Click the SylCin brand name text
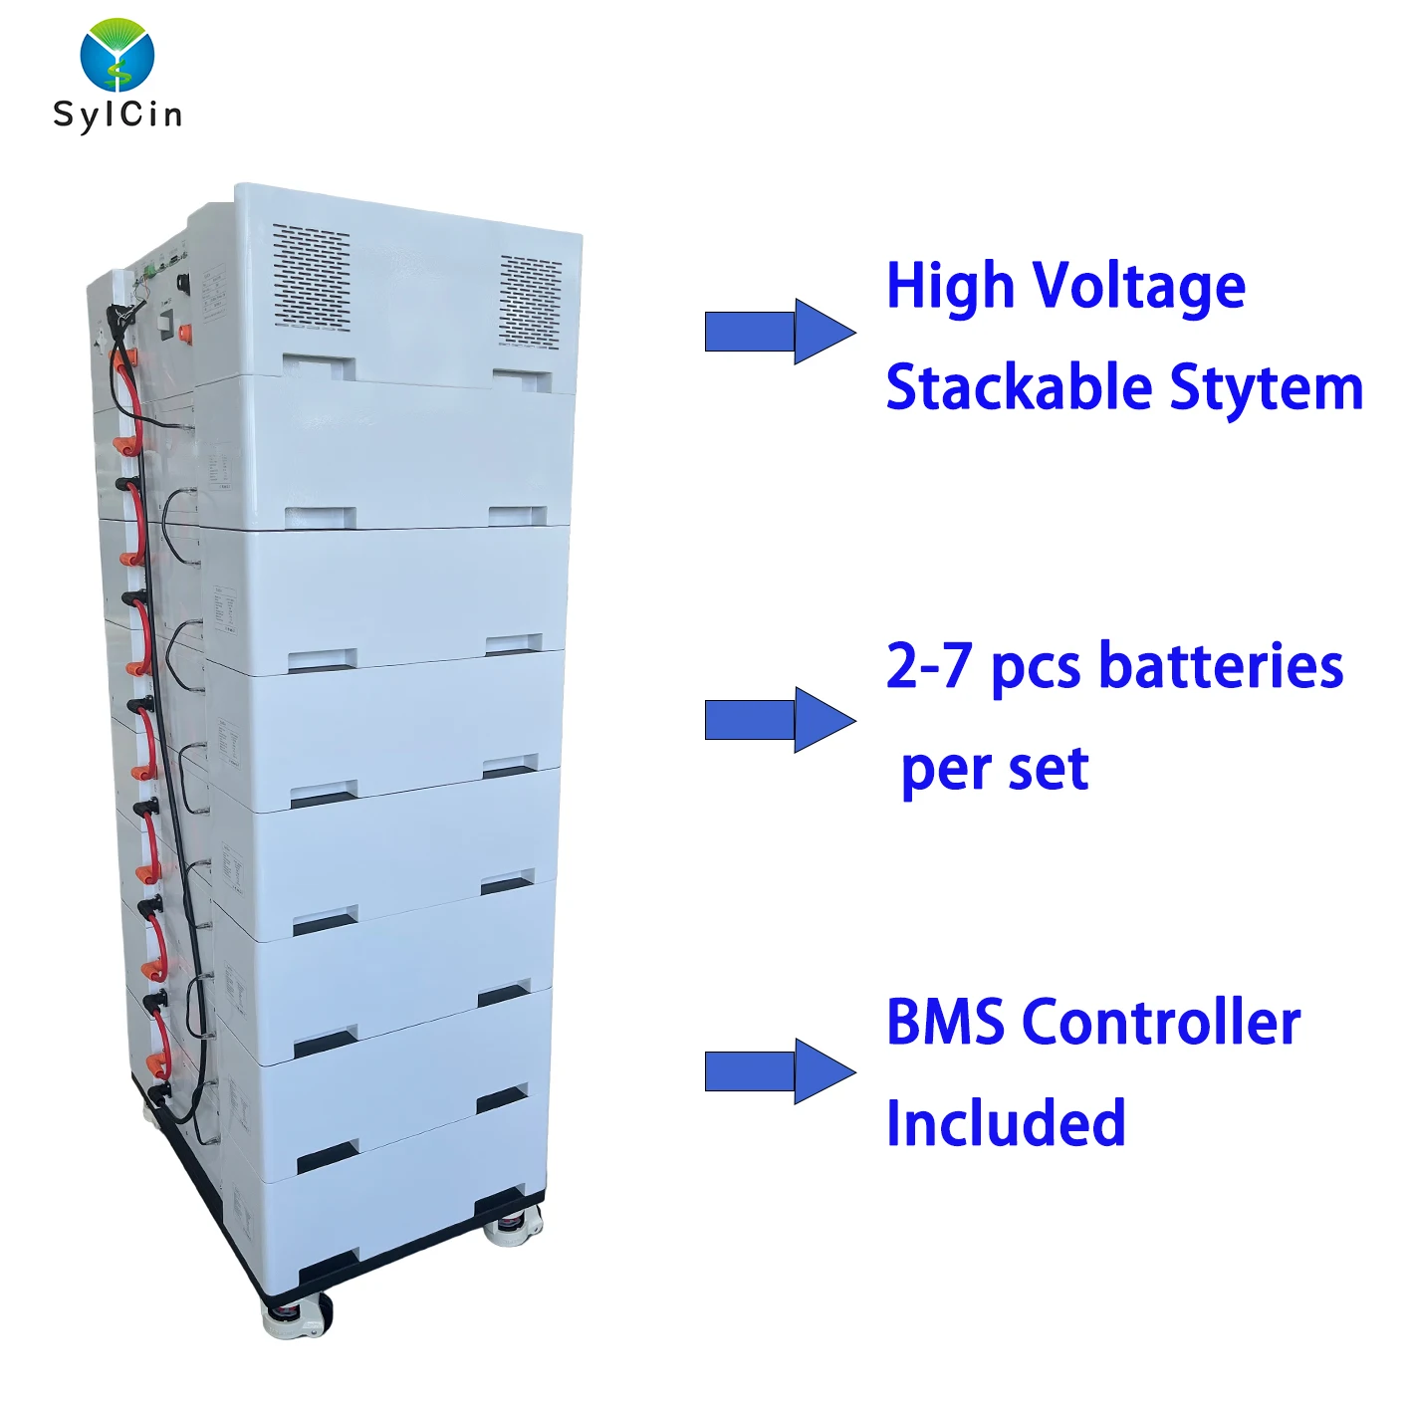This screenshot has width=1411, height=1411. click(118, 115)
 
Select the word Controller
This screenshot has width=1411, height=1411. click(1161, 1023)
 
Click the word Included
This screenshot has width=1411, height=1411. click(1006, 1123)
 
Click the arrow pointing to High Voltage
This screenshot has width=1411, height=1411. click(780, 332)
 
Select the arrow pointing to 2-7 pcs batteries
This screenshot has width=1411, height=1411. click(780, 719)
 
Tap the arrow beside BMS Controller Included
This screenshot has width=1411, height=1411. click(780, 1071)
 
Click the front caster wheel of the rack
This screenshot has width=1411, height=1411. click(296, 1316)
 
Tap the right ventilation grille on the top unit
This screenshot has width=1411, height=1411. click(531, 301)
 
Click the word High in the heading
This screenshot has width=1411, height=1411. click(950, 287)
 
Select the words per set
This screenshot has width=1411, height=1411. click(995, 769)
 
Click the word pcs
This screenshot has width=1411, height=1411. click(1036, 667)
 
